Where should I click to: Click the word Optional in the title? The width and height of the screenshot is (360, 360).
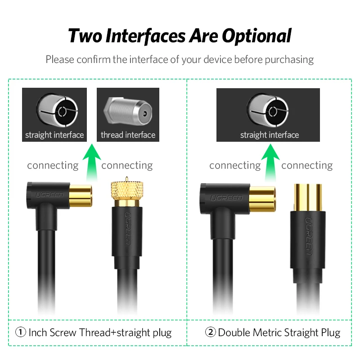pos(256,36)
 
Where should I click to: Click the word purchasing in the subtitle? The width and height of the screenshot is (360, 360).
pos(289,60)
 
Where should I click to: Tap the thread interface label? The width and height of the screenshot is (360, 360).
pos(128,135)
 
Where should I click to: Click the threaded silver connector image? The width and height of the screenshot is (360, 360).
pos(128,111)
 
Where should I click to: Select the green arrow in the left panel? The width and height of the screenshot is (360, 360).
pos(92,162)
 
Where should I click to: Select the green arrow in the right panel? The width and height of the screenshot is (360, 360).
pos(270,162)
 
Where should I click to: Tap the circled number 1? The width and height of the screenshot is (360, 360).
pos(21,332)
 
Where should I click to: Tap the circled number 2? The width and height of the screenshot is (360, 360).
pos(210,332)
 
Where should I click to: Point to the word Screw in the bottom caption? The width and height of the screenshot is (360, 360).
pos(63,333)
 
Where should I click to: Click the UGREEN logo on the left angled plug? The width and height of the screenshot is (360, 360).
pos(49,195)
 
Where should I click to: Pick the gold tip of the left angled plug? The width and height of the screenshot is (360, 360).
pos(81,196)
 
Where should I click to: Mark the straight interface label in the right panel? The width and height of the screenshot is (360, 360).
pos(270,135)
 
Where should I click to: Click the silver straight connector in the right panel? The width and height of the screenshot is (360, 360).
pos(268,110)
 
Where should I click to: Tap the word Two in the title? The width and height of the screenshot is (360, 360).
pos(85,36)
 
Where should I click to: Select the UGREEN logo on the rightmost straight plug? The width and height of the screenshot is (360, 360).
pos(308,236)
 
